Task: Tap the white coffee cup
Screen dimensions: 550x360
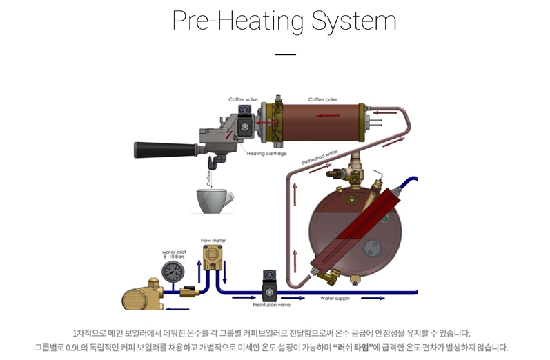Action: click(x=214, y=201)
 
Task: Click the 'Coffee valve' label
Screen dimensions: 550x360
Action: click(x=242, y=100)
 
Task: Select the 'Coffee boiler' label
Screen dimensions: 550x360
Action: click(x=322, y=99)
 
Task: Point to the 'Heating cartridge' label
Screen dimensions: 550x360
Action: click(x=267, y=154)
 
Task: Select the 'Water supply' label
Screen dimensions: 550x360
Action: click(x=335, y=299)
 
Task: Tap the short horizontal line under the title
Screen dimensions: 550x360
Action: click(x=284, y=54)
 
